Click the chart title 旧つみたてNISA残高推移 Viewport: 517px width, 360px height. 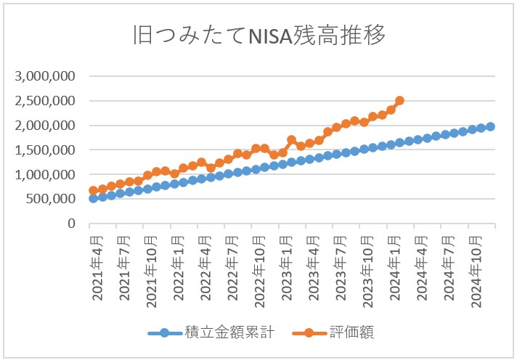pos(258,35)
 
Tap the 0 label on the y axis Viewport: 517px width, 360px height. pos(71,224)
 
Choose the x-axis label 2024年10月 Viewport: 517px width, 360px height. pos(476,267)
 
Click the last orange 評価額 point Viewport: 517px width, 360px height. pos(400,101)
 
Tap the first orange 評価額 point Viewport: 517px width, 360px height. pos(93,191)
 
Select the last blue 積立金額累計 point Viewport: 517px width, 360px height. pos(490,126)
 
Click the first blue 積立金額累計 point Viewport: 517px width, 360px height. pos(93,198)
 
